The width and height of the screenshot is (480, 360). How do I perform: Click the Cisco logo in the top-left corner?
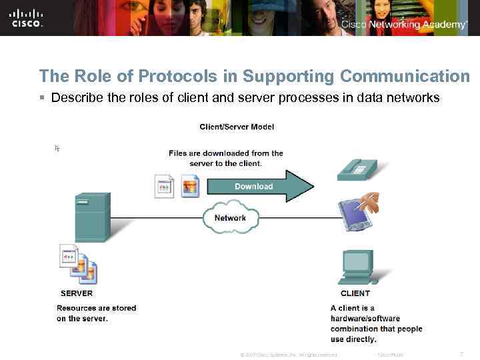coord(27,17)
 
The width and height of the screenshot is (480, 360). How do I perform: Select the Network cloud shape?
coord(230,218)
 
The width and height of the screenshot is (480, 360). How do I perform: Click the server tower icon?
coord(92,217)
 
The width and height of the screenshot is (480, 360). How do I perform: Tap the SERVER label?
coord(77,293)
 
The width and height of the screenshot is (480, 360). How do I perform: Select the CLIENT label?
coord(355,293)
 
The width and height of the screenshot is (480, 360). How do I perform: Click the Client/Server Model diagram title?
coord(237,127)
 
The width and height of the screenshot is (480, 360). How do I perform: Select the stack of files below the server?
coord(79,263)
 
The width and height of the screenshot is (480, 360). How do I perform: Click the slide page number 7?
coord(462,353)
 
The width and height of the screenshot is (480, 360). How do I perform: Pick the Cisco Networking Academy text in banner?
coord(404,25)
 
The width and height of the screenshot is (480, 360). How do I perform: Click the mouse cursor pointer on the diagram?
coord(57,148)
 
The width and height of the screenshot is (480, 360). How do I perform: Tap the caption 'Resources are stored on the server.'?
coord(96,313)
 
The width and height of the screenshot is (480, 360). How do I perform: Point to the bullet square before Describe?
coord(42,98)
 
